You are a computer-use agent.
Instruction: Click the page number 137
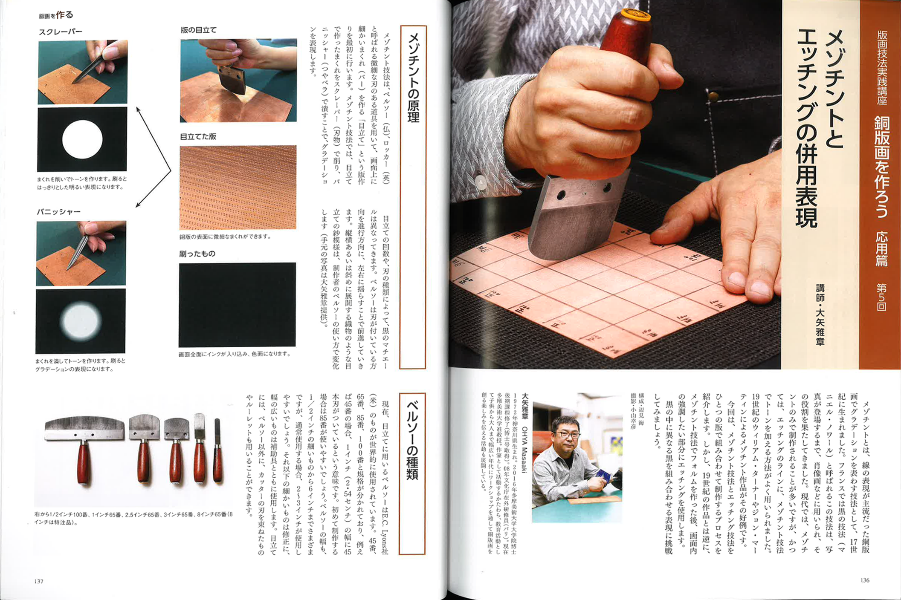39,581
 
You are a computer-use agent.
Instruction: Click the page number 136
865,580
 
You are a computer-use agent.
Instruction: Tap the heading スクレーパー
61,32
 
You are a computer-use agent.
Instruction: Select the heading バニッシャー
58,212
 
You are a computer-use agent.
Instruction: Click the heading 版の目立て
199,30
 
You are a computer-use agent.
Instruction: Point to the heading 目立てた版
198,136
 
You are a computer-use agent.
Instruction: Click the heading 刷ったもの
197,254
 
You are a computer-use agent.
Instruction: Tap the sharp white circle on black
82,139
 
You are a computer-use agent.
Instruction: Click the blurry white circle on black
81,320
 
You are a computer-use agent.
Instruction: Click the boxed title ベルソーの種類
412,440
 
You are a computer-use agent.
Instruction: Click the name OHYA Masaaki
524,449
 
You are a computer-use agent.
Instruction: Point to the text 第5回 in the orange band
881,297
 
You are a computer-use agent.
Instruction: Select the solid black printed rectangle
237,305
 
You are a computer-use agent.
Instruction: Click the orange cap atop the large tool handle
635,15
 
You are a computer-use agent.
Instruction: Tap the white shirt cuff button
481,182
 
